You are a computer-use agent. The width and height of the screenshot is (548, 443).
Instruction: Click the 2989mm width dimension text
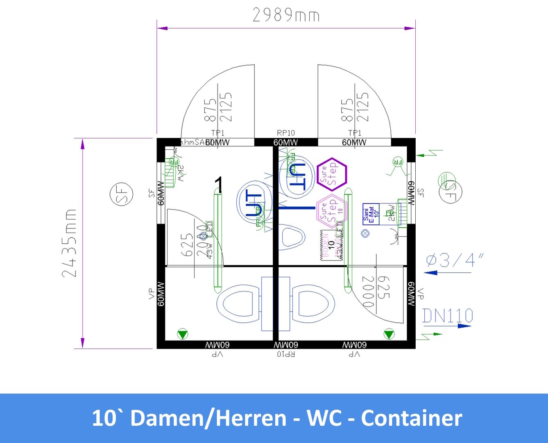[285, 16]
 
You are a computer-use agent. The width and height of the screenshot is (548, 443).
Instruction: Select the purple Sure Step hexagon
[332, 174]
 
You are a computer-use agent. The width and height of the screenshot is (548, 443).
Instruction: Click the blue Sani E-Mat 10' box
[371, 214]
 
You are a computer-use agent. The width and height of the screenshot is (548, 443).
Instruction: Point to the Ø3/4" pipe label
[454, 260]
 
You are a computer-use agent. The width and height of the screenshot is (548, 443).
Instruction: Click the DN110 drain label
[448, 316]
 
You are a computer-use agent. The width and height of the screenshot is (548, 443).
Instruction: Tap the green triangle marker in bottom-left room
[182, 334]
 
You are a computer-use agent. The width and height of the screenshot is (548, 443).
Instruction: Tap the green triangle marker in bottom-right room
[389, 334]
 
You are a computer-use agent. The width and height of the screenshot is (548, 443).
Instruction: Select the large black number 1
[219, 185]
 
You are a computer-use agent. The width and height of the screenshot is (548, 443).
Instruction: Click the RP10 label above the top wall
[285, 133]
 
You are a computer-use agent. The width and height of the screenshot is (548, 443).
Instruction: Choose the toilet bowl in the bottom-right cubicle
[312, 304]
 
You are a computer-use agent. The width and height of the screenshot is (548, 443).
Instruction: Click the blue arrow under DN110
[464, 326]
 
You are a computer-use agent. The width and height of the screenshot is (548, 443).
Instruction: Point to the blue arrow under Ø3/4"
[431, 272]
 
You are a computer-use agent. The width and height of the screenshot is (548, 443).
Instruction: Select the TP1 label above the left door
[217, 133]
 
